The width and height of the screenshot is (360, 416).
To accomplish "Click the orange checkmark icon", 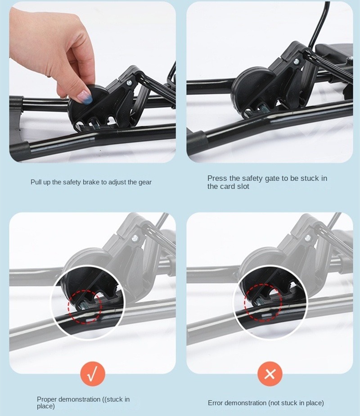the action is coord(93,374).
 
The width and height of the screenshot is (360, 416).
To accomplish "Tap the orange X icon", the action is coord(270,374).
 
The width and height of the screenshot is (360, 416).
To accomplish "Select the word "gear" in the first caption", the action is coord(145,183).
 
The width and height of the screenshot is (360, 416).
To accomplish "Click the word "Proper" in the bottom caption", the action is coord(47,400).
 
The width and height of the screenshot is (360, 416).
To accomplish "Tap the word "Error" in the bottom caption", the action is coord(215,403).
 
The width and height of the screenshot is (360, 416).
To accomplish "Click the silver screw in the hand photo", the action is coord(130,83).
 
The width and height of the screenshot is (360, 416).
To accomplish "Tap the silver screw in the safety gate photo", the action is coord(296,61).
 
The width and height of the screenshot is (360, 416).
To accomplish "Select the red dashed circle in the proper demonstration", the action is coord(85,307).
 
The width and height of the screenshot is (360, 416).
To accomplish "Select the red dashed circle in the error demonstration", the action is coord(263,302).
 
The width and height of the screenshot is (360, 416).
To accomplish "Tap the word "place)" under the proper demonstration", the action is coord(45,406).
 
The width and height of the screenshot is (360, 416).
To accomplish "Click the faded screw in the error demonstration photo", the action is coord(308,237).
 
